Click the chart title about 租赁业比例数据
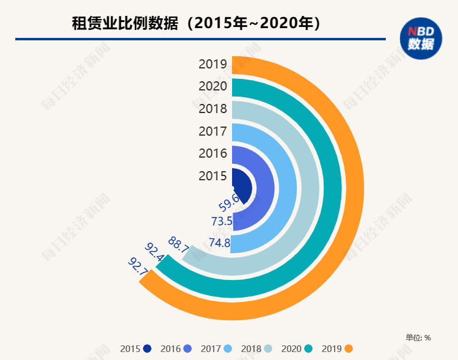[196, 24]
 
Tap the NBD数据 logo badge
[421, 39]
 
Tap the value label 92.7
[138, 266]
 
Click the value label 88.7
[178, 243]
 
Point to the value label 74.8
[219, 243]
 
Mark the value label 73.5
[222, 221]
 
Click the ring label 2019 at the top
[213, 64]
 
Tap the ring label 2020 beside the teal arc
[213, 87]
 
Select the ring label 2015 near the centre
[213, 176]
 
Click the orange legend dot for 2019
[349, 349]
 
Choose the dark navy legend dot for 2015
[147, 349]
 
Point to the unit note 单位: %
[418, 337]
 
